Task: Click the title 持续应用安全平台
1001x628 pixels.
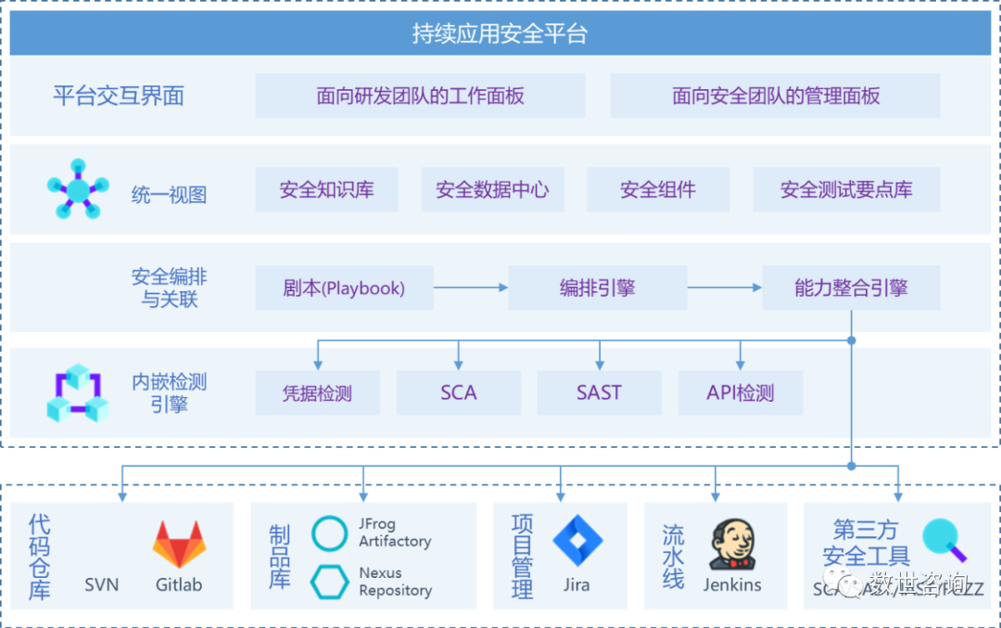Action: coord(500,35)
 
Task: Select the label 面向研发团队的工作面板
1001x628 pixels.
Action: coord(420,96)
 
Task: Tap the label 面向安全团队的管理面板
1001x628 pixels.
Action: coord(776,96)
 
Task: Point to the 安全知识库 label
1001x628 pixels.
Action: coord(326,190)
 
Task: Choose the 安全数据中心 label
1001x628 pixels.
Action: coord(492,190)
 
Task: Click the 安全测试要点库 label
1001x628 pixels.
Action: coord(846,190)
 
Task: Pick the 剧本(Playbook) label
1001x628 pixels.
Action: coord(344,288)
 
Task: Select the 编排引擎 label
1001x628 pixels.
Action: coord(598,288)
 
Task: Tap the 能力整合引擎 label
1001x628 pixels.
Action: coord(851,288)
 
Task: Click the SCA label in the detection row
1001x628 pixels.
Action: coord(459,393)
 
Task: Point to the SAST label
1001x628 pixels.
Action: coord(599,393)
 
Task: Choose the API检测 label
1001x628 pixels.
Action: coord(740,393)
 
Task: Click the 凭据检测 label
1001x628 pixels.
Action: coord(317,393)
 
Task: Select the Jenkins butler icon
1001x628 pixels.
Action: coord(731,545)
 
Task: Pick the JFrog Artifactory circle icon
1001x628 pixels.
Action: coord(330,533)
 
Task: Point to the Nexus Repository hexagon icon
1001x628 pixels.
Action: coord(330,582)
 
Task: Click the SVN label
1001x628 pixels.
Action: coord(102,585)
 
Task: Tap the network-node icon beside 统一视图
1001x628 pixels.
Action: coord(77,189)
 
